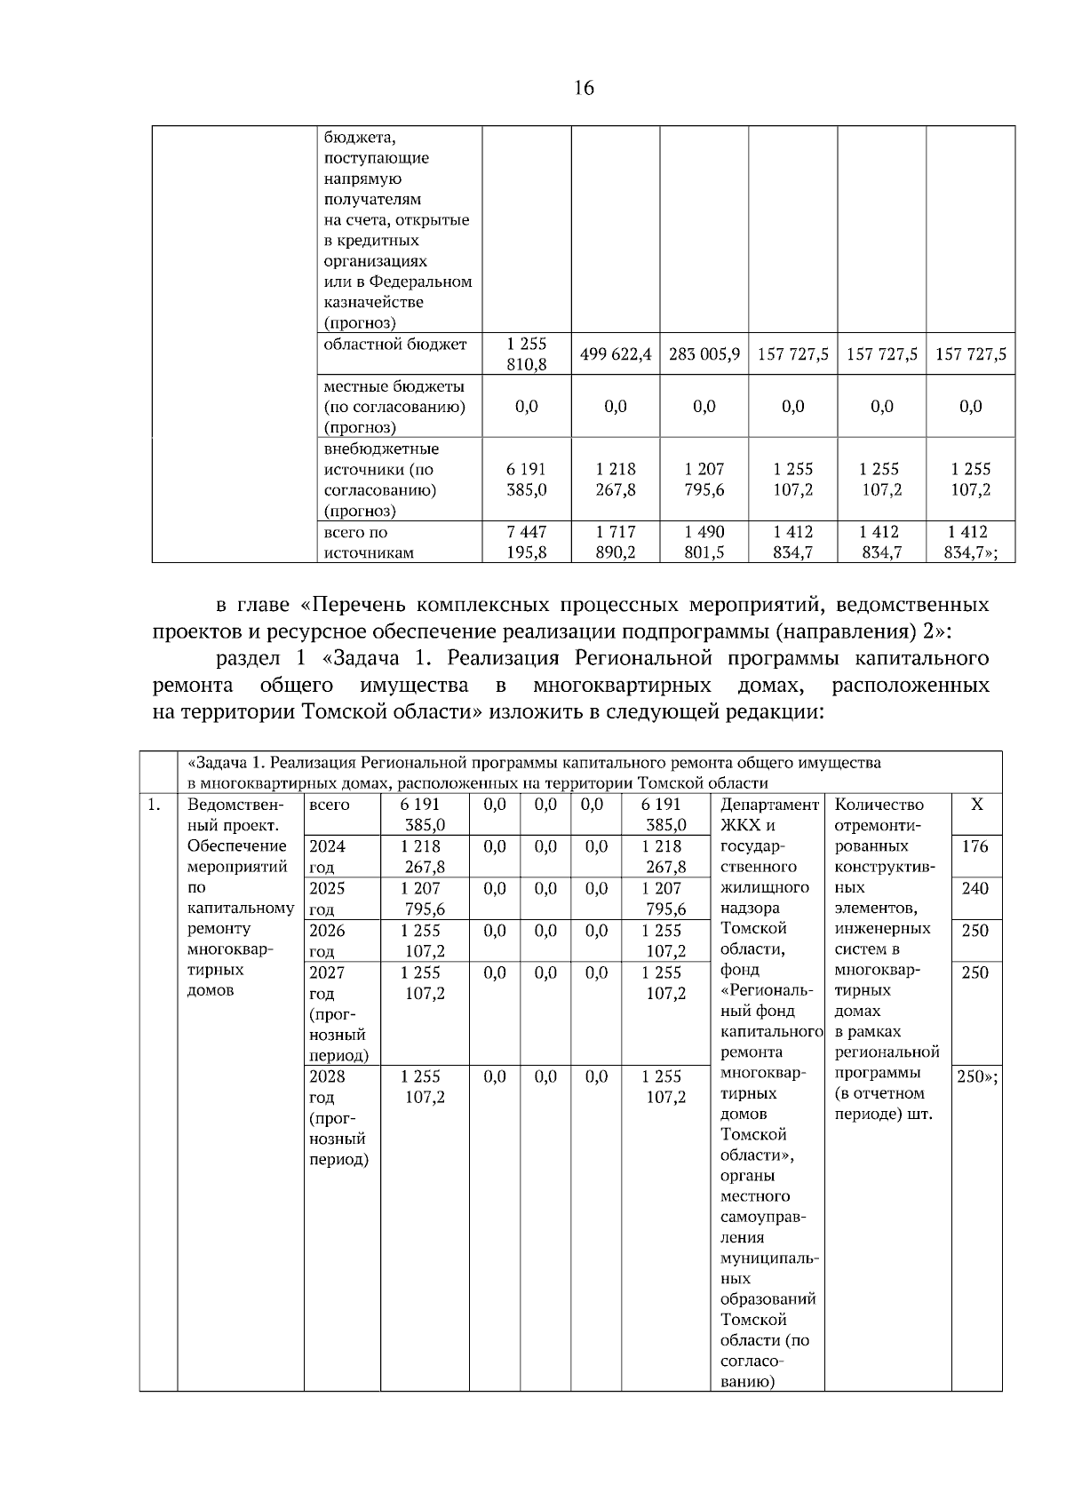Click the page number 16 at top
(584, 88)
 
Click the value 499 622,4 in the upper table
(615, 354)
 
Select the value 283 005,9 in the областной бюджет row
(704, 354)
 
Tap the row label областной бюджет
(395, 345)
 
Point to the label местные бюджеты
(394, 387)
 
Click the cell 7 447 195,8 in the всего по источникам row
(526, 542)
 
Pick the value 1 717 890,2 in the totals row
(615, 542)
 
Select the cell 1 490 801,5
(704, 542)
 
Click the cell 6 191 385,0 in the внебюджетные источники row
(526, 480)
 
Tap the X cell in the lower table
(976, 805)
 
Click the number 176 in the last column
(975, 846)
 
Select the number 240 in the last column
(975, 888)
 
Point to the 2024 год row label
(327, 856)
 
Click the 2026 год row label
(327, 940)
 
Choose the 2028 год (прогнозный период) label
(338, 1117)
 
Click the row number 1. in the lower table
(155, 805)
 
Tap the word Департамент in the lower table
(769, 805)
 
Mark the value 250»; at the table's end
(976, 1077)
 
